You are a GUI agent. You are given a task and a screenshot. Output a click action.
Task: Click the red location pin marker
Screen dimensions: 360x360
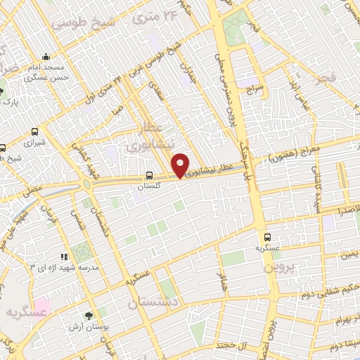180,165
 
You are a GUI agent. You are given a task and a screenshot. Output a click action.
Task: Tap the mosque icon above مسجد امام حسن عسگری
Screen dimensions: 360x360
46,57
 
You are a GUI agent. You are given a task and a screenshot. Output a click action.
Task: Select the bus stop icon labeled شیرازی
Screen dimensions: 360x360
35,131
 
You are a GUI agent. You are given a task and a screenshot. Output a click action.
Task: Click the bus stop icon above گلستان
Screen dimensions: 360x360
149,176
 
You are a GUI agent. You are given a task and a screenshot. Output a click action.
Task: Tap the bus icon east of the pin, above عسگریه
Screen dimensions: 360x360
267,237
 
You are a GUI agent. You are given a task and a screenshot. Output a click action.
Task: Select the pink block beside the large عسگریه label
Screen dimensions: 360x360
42,307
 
